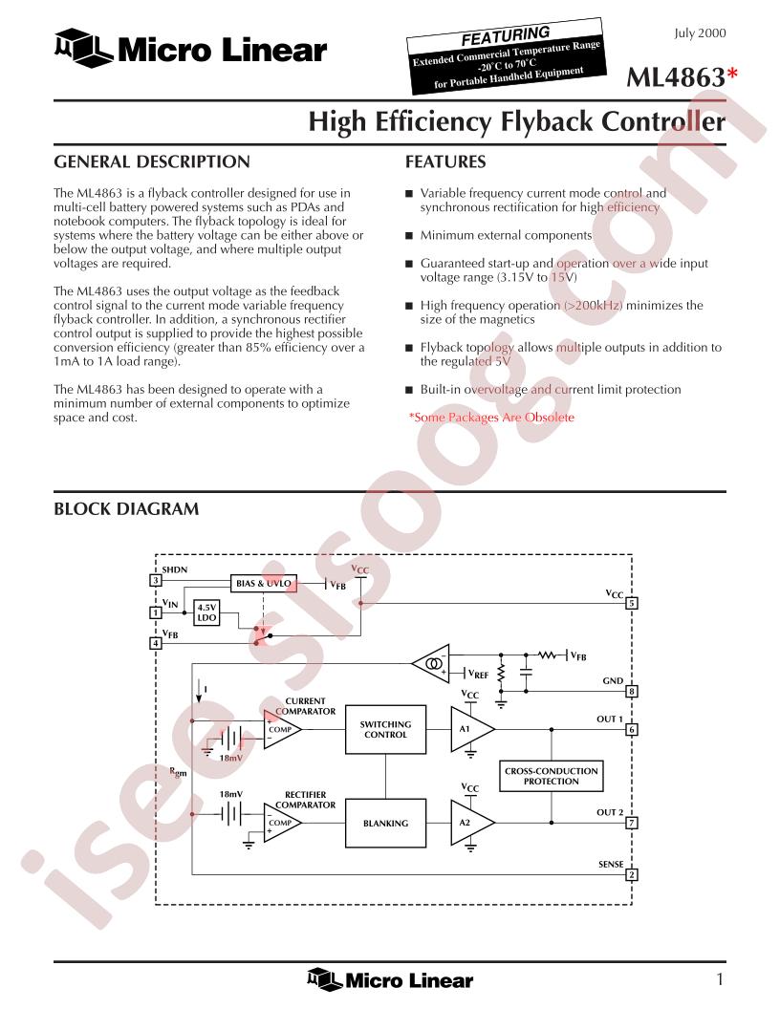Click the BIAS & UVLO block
[x=264, y=583]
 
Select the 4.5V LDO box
[x=206, y=612]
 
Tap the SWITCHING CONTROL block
[x=385, y=729]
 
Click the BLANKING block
[x=385, y=823]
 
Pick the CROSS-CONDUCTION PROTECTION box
[x=551, y=776]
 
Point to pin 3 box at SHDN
[x=155, y=580]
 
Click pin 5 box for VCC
[x=632, y=604]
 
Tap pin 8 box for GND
[x=632, y=692]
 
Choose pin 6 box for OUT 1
[x=632, y=730]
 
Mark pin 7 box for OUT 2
[x=632, y=823]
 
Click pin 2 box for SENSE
[x=632, y=875]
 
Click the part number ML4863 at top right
[x=676, y=77]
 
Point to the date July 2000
[x=700, y=33]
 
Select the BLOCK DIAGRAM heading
[x=126, y=509]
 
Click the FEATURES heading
[x=445, y=161]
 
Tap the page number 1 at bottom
[x=720, y=979]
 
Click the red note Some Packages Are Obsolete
[x=491, y=417]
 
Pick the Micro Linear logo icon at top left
[x=83, y=49]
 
